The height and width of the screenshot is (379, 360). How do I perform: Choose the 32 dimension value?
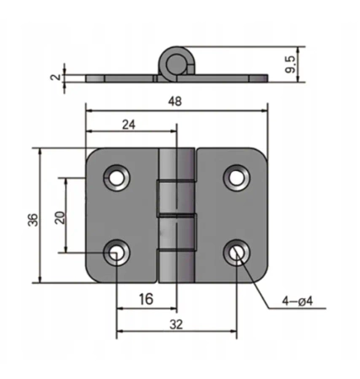(175, 323)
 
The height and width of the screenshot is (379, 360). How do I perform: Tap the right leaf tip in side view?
(265, 77)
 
